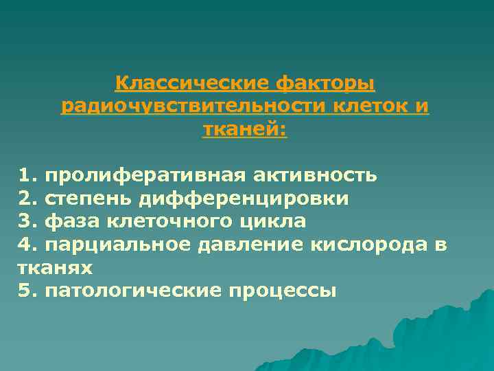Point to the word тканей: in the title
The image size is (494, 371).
click(245, 130)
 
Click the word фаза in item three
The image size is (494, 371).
click(68, 222)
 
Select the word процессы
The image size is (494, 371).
click(283, 291)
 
